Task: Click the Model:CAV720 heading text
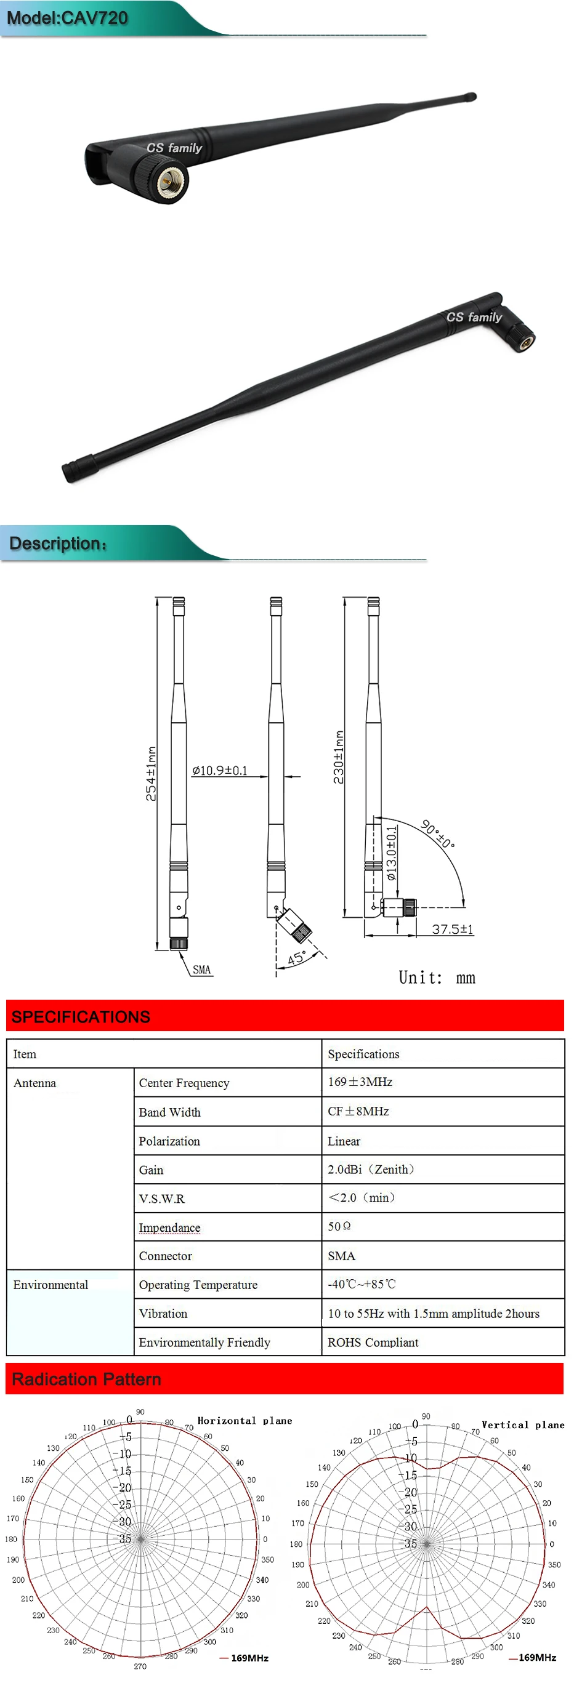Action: coord(67,18)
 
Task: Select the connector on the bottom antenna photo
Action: coord(524,340)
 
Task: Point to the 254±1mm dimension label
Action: coord(151,774)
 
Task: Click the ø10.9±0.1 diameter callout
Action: coord(220,771)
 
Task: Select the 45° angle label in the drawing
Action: coord(297,958)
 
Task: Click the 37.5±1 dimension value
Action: coord(453,929)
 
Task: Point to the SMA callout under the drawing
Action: coord(201,970)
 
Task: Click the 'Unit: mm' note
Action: coord(437,978)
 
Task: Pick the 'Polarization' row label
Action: coord(169,1141)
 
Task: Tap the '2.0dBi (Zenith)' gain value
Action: coord(371,1170)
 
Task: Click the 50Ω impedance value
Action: coord(339,1226)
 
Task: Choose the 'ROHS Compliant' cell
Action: coord(373,1342)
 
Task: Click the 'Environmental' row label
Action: coord(51,1285)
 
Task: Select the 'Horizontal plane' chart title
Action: coord(245,1421)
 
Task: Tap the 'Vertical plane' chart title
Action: coord(523,1425)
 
